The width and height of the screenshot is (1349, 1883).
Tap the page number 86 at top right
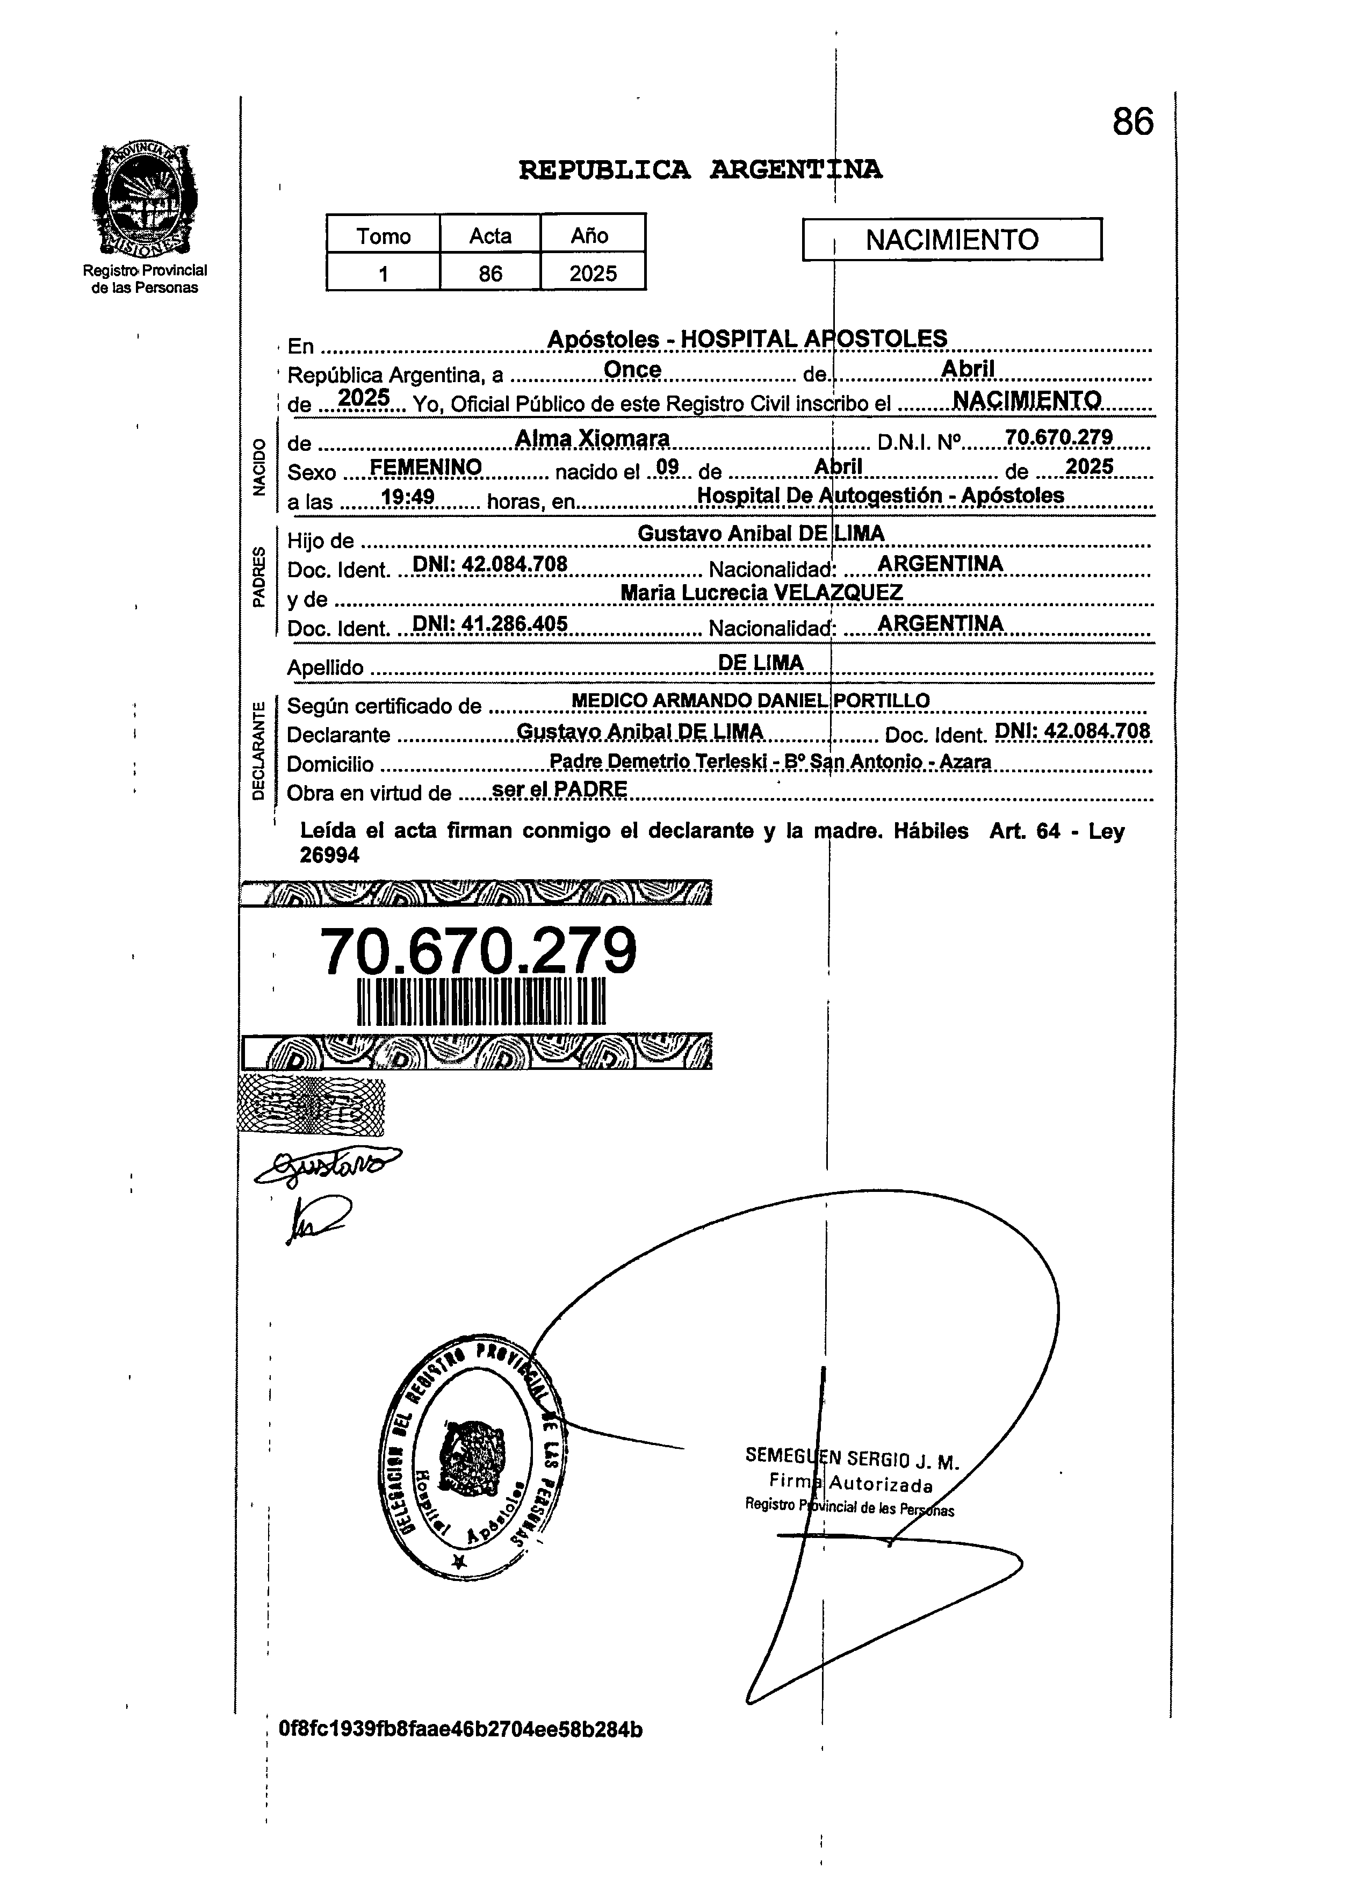tap(1132, 122)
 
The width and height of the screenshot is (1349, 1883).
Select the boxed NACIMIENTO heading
tap(951, 240)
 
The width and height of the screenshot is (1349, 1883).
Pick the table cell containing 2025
tap(593, 273)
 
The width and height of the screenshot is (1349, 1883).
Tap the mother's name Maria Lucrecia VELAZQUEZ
tap(761, 592)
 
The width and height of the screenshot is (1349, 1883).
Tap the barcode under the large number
tap(481, 1002)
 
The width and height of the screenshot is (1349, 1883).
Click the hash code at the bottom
tap(461, 1729)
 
